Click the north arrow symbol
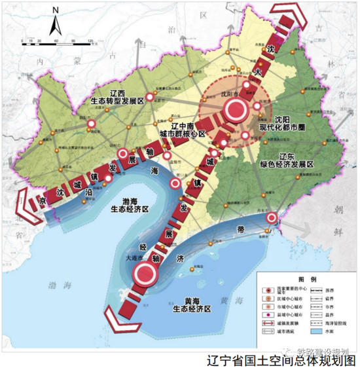[x=55, y=23]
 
